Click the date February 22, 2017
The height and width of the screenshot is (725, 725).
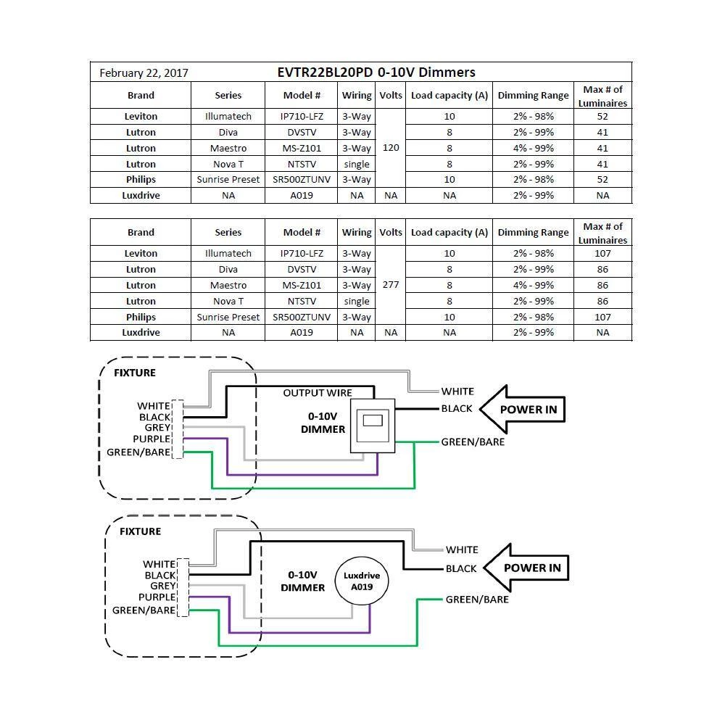(144, 72)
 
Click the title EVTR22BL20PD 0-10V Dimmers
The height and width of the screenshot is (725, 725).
(376, 72)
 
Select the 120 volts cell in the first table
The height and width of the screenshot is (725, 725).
(391, 148)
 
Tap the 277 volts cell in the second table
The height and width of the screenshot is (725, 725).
(391, 285)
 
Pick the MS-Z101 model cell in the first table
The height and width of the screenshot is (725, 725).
(302, 148)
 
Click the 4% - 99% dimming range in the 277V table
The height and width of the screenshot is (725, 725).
(533, 285)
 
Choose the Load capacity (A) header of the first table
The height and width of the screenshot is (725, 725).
(449, 95)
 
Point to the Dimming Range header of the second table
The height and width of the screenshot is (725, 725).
(533, 233)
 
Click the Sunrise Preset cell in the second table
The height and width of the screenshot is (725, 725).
(228, 317)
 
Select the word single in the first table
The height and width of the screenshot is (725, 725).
(357, 164)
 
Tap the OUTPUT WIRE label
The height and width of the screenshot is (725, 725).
(318, 393)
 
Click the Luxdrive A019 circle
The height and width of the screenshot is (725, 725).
(361, 581)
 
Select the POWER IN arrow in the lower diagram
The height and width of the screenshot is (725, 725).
(526, 568)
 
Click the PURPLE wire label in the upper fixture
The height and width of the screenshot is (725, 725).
(152, 439)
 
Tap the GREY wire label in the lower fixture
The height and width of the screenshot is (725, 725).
(163, 586)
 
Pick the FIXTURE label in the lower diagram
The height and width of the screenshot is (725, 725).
(140, 531)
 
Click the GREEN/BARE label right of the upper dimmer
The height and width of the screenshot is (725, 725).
(473, 442)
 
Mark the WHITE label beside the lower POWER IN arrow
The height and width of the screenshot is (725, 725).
(462, 550)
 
